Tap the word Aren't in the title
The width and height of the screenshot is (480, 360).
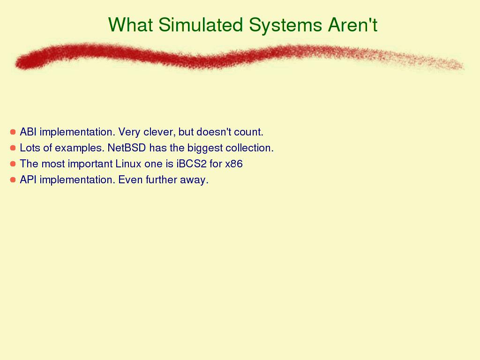pos(352,24)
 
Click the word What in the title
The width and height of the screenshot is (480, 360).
pos(130,24)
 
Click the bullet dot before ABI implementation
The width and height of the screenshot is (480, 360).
pos(13,132)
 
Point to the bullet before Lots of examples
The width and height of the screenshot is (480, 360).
pos(13,148)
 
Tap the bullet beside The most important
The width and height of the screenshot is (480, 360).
pos(13,164)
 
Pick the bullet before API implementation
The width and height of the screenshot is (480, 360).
pos(13,180)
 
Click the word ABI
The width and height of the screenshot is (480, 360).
pos(28,132)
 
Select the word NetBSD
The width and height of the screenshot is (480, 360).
pos(127,148)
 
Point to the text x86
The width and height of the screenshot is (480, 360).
pos(234,164)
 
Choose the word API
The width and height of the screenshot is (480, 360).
pos(28,180)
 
